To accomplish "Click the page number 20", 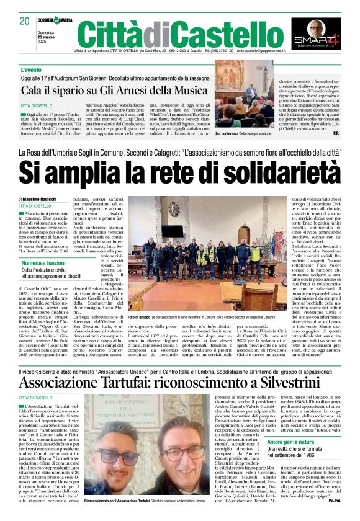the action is point(25,21).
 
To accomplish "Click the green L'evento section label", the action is point(32,70).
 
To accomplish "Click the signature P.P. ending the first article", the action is point(336,133).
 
